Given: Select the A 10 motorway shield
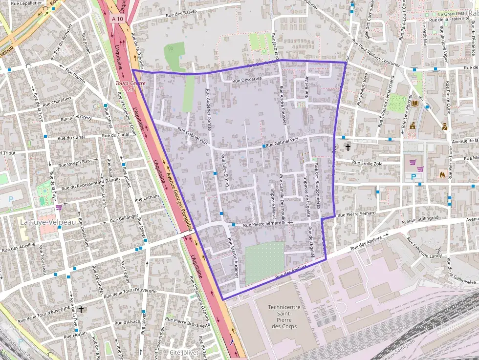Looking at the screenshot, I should click(117, 19).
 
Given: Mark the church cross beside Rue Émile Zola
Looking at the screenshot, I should click(348, 147).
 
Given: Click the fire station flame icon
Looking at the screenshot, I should click(442, 173).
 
